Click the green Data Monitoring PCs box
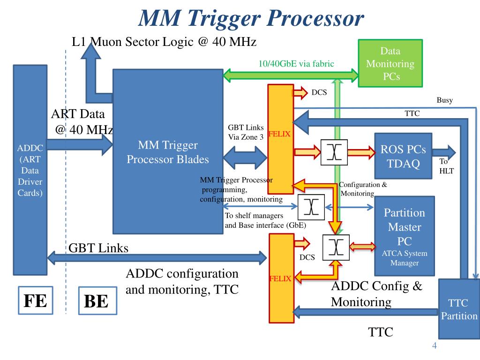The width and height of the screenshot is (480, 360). click(390, 63)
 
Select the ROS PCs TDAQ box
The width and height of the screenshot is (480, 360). click(403, 156)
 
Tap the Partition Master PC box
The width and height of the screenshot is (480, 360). click(404, 235)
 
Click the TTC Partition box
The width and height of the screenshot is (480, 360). click(458, 308)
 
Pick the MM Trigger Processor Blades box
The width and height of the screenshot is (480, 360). click(168, 151)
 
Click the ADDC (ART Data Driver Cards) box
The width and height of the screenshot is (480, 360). click(30, 170)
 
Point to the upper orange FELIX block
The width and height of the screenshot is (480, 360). click(280, 139)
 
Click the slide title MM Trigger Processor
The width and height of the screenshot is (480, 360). click(251, 19)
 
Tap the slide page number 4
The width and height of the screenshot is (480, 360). click(434, 346)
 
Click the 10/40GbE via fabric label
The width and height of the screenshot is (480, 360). click(296, 64)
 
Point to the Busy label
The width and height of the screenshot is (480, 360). click(444, 100)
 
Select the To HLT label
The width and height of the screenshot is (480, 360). click(446, 166)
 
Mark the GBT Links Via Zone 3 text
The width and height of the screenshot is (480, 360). click(246, 132)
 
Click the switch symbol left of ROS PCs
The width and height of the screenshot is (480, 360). click(334, 152)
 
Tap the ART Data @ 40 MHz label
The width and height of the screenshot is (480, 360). click(81, 121)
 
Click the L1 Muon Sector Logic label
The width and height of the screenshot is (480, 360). click(164, 42)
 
